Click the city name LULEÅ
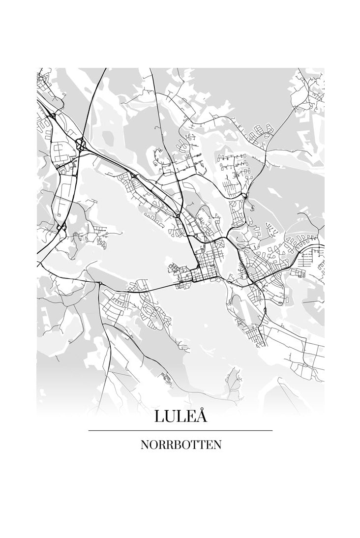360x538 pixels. click(x=180, y=416)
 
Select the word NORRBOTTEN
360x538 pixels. click(x=180, y=445)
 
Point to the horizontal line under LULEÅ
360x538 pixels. click(x=180, y=430)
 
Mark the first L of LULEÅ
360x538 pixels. click(x=159, y=417)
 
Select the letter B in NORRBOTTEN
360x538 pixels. click(x=176, y=445)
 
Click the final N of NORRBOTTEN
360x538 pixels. click(x=217, y=445)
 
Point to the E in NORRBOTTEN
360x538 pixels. click(x=208, y=445)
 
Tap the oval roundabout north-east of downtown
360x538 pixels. click(x=244, y=196)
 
